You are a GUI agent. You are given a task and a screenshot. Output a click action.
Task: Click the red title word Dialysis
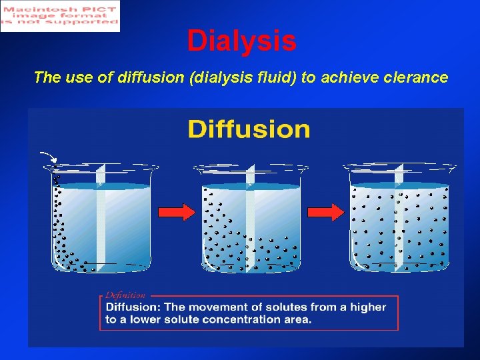[x=241, y=41]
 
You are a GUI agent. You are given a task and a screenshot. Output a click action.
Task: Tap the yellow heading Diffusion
[x=249, y=129]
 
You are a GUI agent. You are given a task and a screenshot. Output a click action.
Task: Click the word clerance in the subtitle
[x=416, y=77]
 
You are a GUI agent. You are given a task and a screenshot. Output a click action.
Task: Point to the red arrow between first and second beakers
[x=177, y=212]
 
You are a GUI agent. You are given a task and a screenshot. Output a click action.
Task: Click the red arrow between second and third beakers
[x=325, y=212]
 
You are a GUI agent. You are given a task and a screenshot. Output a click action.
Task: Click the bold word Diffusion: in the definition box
[x=134, y=307]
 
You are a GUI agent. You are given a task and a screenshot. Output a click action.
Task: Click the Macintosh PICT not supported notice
[x=60, y=16]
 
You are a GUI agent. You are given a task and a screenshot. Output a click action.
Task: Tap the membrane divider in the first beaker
[x=101, y=220]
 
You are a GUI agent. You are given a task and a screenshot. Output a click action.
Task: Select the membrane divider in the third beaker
[x=399, y=220]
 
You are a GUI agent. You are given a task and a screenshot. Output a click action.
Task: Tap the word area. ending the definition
[x=296, y=319]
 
